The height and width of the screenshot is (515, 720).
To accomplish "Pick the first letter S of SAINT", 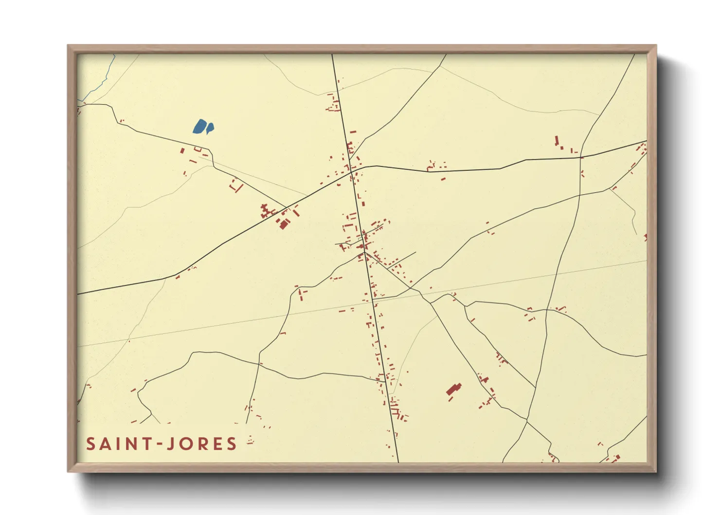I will [x=90, y=444].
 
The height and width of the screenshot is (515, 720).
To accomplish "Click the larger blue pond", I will [x=199, y=127].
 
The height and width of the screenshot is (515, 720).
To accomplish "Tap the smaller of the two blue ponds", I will [x=210, y=128].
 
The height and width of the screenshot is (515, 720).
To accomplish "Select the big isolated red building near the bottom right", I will [x=454, y=390].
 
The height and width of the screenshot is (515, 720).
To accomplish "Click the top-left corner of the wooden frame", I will [x=68, y=46].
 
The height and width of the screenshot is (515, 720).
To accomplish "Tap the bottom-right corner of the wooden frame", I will [x=655, y=471].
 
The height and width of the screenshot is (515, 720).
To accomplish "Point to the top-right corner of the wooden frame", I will [x=655, y=46].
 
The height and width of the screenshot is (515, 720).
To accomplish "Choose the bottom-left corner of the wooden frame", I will [x=68, y=471].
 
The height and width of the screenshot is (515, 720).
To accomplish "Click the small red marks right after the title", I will [x=251, y=442].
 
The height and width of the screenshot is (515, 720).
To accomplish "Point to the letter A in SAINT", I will [x=105, y=444].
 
